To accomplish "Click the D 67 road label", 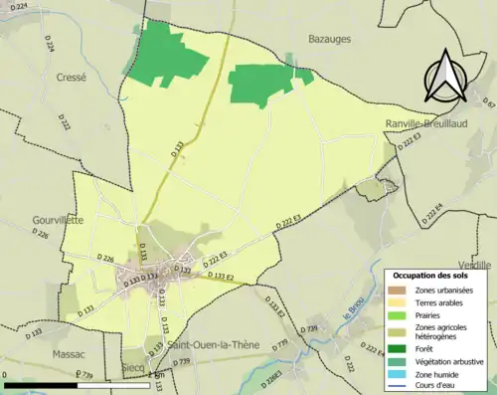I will click(x=488, y=101).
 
